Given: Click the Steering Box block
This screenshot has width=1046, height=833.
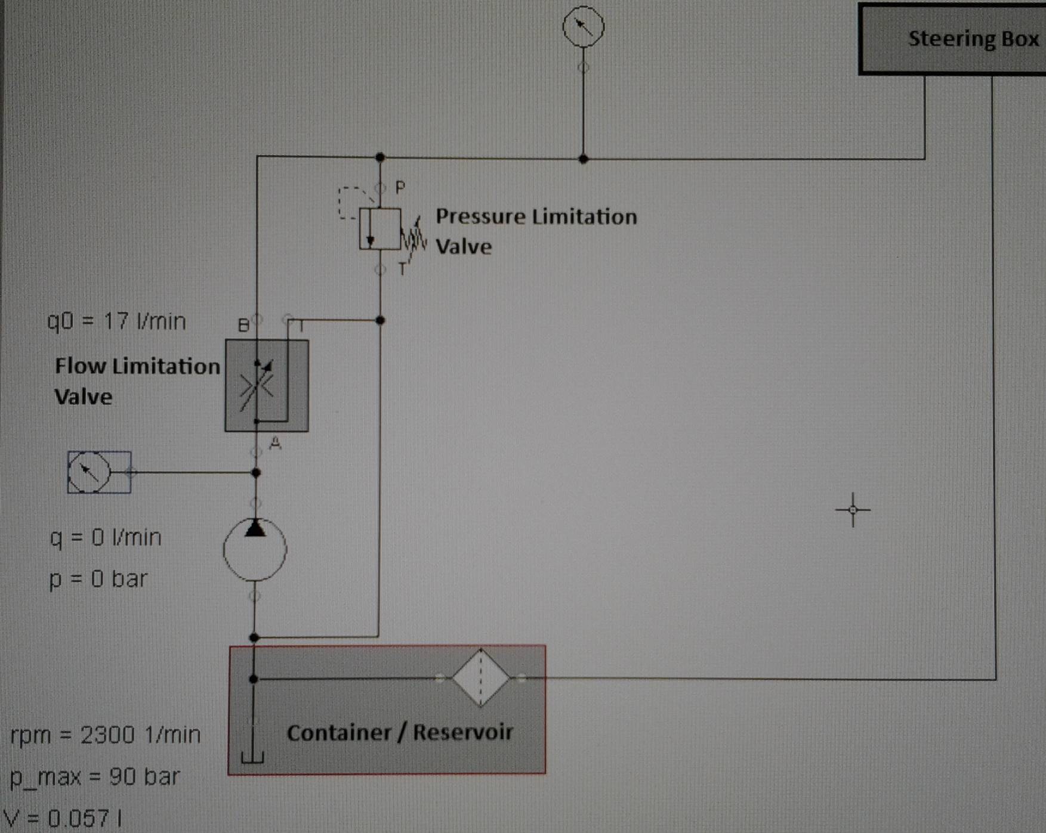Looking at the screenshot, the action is tap(952, 39).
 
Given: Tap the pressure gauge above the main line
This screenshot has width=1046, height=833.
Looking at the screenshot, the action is tap(583, 27).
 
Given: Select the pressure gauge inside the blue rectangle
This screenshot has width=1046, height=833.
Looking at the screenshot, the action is tap(89, 472).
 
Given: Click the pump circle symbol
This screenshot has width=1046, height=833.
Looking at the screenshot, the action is tap(255, 550).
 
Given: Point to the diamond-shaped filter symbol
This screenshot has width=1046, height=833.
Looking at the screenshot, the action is tap(480, 678).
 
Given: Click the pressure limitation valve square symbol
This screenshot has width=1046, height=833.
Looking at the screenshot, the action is tap(380, 229).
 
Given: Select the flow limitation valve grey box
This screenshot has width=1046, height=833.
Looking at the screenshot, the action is tap(267, 385).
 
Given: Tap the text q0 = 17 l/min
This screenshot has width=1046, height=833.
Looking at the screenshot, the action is tap(116, 321).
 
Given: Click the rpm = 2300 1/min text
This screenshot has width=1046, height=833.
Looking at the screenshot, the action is tap(106, 735).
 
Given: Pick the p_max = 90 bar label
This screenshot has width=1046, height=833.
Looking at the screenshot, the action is tap(95, 777).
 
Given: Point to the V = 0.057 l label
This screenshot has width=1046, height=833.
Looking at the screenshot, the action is tap(63, 818).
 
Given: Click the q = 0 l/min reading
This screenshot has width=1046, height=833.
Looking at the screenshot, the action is tap(106, 538).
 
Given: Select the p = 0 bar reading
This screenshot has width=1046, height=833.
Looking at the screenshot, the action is tap(98, 579).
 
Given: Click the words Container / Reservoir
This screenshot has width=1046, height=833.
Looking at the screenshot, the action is tap(400, 732).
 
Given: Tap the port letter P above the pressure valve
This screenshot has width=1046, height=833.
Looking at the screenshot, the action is tap(400, 188).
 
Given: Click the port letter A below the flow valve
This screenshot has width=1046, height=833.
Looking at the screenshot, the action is tap(275, 443).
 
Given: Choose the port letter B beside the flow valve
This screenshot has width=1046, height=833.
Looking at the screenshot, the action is tap(243, 325).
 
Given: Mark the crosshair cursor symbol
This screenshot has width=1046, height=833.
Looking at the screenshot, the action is tap(853, 510).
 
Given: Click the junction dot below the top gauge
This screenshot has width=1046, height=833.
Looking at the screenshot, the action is tap(583, 159).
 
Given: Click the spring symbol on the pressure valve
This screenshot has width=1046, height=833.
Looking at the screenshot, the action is tap(414, 236).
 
